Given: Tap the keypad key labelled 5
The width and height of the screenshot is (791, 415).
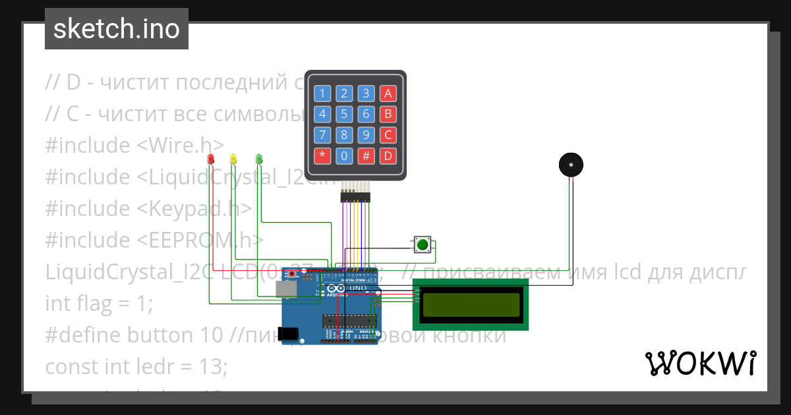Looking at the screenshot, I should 344,114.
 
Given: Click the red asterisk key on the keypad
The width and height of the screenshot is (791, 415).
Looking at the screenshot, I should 322,156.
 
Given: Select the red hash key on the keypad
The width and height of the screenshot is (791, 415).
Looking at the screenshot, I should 366,156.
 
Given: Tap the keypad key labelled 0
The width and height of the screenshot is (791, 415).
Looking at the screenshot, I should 344,156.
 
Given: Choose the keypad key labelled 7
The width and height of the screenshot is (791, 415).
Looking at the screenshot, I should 322,135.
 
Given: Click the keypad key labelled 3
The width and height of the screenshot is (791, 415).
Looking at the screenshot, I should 366,93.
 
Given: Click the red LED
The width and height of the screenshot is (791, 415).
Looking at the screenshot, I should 211,159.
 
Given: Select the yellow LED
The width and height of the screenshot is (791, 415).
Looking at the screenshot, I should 233,159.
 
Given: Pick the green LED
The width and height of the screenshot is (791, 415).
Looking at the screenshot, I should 259,159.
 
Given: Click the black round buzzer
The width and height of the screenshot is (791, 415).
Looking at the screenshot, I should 571,164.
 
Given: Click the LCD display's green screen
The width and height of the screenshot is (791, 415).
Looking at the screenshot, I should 471,305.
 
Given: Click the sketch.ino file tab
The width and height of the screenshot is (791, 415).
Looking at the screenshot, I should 117,29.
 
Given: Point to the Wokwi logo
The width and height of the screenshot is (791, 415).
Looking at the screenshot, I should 700,363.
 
